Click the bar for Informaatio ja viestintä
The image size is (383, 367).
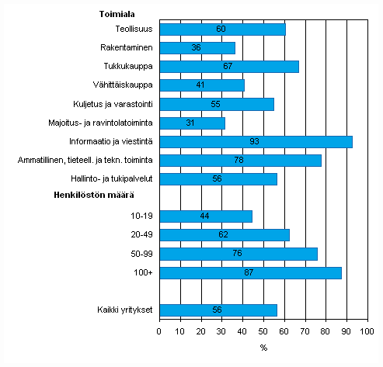click(256, 141)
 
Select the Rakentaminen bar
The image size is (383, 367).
click(197, 48)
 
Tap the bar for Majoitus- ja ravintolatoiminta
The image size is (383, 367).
click(192, 123)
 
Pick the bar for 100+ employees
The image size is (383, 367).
click(250, 272)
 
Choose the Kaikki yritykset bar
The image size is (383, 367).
click(218, 310)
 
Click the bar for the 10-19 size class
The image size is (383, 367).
click(205, 216)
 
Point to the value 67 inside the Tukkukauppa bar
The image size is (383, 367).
click(228, 67)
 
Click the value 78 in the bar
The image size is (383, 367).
click(239, 161)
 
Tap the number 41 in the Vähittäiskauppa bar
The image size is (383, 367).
click(201, 85)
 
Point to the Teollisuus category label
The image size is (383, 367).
click(132, 29)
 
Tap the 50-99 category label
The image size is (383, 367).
click(141, 254)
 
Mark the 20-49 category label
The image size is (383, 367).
click(141, 235)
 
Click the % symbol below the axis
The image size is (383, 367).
click(263, 347)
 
